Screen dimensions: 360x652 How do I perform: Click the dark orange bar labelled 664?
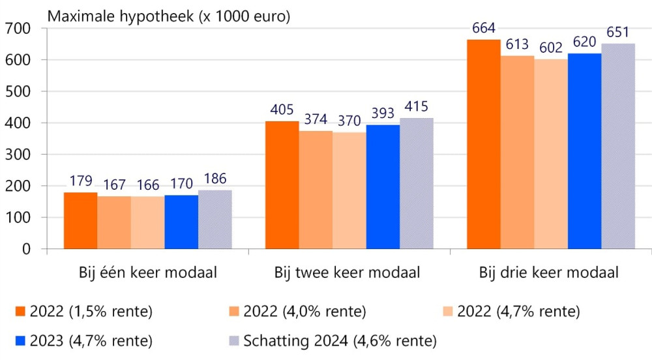click(x=484, y=144)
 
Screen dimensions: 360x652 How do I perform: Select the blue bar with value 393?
click(x=383, y=187)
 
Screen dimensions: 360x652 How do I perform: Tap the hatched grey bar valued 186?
click(x=215, y=219)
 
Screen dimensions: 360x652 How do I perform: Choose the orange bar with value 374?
click(x=316, y=190)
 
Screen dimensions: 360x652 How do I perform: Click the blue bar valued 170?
click(x=181, y=222)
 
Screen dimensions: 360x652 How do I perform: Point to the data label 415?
click(x=416, y=107)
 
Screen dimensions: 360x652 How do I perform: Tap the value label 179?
click(x=80, y=181)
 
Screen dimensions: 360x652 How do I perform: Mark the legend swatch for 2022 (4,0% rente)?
click(x=232, y=312)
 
